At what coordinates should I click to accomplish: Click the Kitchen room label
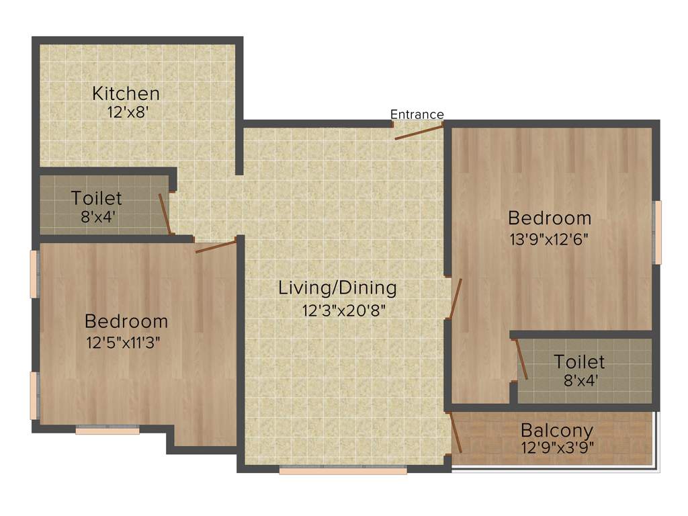[126, 93]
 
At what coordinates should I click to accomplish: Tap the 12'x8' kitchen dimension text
[126, 112]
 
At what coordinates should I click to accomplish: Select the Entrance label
[417, 114]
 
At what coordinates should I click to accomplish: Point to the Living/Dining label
[338, 288]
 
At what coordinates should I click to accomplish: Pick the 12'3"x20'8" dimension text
[343, 310]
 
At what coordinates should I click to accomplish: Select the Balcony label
[556, 430]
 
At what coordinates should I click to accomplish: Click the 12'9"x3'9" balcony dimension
[557, 446]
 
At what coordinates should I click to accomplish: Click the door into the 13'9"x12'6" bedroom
[456, 298]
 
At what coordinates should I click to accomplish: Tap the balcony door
[456, 434]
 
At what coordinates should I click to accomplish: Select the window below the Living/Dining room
[343, 471]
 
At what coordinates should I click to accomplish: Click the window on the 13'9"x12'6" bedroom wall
[658, 232]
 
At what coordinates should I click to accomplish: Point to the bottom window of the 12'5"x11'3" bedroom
[107, 430]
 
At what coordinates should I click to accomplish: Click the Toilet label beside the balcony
[579, 362]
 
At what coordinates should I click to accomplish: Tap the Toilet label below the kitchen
[97, 198]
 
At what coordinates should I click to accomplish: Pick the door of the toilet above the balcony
[521, 360]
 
